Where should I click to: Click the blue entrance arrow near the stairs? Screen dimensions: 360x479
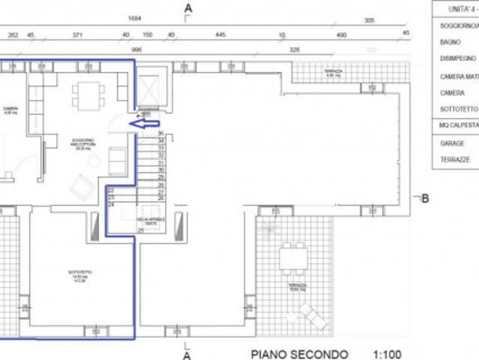tap(145, 124)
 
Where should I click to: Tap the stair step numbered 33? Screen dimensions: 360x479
tap(160, 148)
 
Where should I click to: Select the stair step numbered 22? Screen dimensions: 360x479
tap(111, 190)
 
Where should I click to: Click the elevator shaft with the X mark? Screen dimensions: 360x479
tap(151, 91)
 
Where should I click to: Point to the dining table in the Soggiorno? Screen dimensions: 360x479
tap(88, 95)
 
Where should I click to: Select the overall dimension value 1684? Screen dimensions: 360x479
tap(135, 18)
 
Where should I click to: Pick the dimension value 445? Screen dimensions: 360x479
tap(220, 34)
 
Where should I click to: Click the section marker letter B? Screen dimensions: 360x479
tap(424, 199)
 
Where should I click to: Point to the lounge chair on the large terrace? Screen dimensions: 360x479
tap(314, 316)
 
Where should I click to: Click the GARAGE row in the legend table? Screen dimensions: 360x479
tap(453, 142)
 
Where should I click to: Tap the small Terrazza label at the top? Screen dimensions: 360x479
tap(332, 72)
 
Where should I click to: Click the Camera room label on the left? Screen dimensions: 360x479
tap(10, 109)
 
